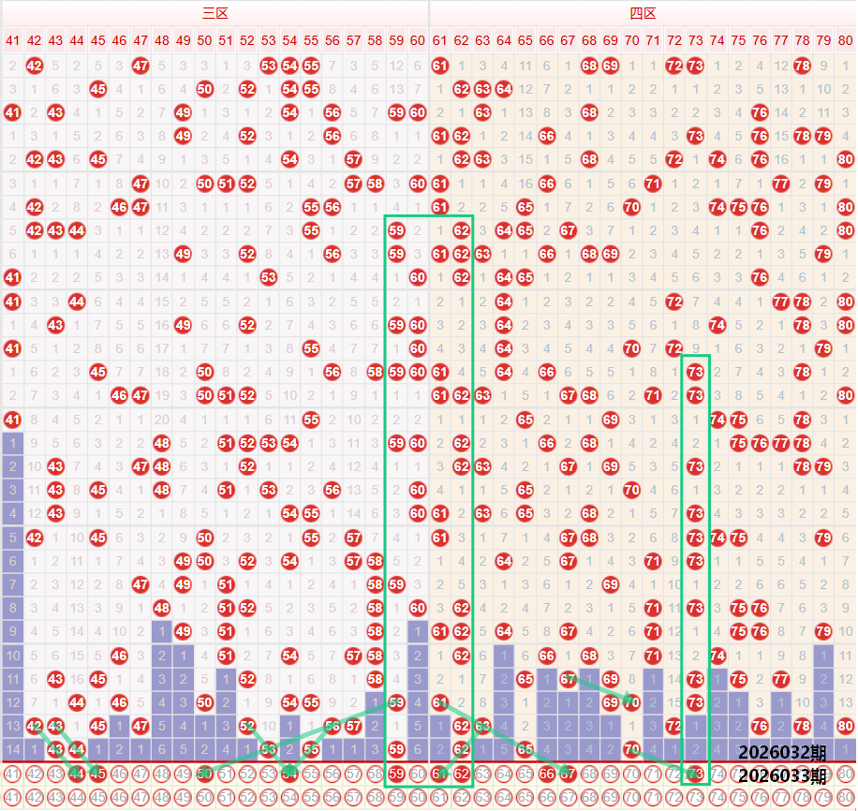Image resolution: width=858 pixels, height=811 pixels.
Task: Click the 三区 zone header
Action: pyautogui.click(x=215, y=13)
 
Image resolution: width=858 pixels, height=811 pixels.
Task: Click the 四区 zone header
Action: pyautogui.click(x=643, y=13)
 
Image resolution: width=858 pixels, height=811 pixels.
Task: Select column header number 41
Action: pyautogui.click(x=12, y=40)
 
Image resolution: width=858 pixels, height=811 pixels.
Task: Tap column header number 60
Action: pyautogui.click(x=417, y=40)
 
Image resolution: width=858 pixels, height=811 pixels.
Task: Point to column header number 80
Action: pyautogui.click(x=846, y=40)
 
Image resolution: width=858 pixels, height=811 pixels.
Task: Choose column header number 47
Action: pyautogui.click(x=141, y=40)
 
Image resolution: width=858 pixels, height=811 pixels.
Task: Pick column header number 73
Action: pyautogui.click(x=695, y=40)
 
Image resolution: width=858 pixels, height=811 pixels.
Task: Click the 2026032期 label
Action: pyautogui.click(x=781, y=752)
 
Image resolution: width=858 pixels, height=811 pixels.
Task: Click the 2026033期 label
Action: pyautogui.click(x=781, y=775)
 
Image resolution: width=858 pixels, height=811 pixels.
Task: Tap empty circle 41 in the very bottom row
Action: pyautogui.click(x=12, y=798)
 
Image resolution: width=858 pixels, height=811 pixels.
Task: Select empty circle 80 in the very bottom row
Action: pyautogui.click(x=846, y=798)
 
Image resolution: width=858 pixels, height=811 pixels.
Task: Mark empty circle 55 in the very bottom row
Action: pyautogui.click(x=311, y=798)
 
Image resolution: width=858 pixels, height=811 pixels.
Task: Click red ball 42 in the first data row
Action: pyautogui.click(x=35, y=66)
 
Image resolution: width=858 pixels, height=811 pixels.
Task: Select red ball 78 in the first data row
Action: pyautogui.click(x=803, y=66)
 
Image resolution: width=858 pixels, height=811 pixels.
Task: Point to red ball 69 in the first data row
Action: pyautogui.click(x=611, y=66)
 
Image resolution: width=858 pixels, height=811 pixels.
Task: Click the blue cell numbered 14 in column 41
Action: pyautogui.click(x=12, y=748)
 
